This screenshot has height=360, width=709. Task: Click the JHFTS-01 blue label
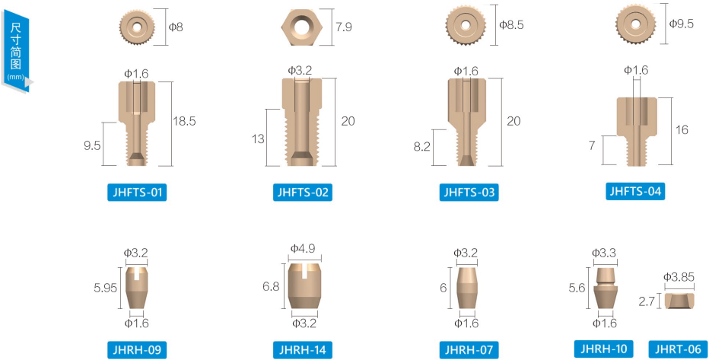(137, 193)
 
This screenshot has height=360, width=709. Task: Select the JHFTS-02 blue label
(303, 193)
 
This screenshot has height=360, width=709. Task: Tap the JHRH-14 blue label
(303, 349)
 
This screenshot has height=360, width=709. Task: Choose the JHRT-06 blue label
(678, 349)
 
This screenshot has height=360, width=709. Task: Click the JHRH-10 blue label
(604, 349)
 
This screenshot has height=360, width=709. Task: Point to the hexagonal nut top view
(300, 27)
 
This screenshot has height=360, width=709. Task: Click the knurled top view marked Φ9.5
(635, 24)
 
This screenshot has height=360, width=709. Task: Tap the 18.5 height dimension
(184, 121)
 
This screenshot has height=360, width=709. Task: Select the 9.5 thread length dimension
(92, 145)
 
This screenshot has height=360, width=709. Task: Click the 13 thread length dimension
(258, 139)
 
